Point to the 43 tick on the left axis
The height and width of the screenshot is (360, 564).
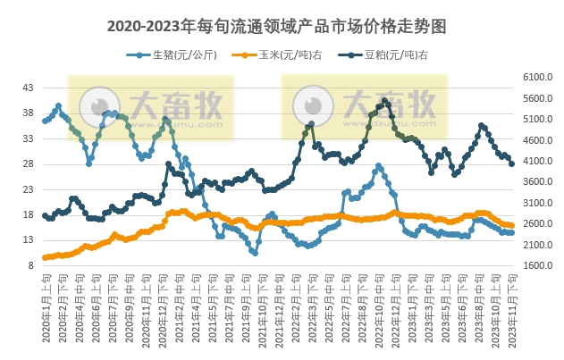click(28, 88)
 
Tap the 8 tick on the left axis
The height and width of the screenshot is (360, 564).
click(30, 265)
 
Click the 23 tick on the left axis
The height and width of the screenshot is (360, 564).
click(28, 189)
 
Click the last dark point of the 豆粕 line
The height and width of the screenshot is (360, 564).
click(511, 163)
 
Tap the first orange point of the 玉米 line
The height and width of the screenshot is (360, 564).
click(45, 257)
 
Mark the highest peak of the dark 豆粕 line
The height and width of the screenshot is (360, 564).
click(384, 101)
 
